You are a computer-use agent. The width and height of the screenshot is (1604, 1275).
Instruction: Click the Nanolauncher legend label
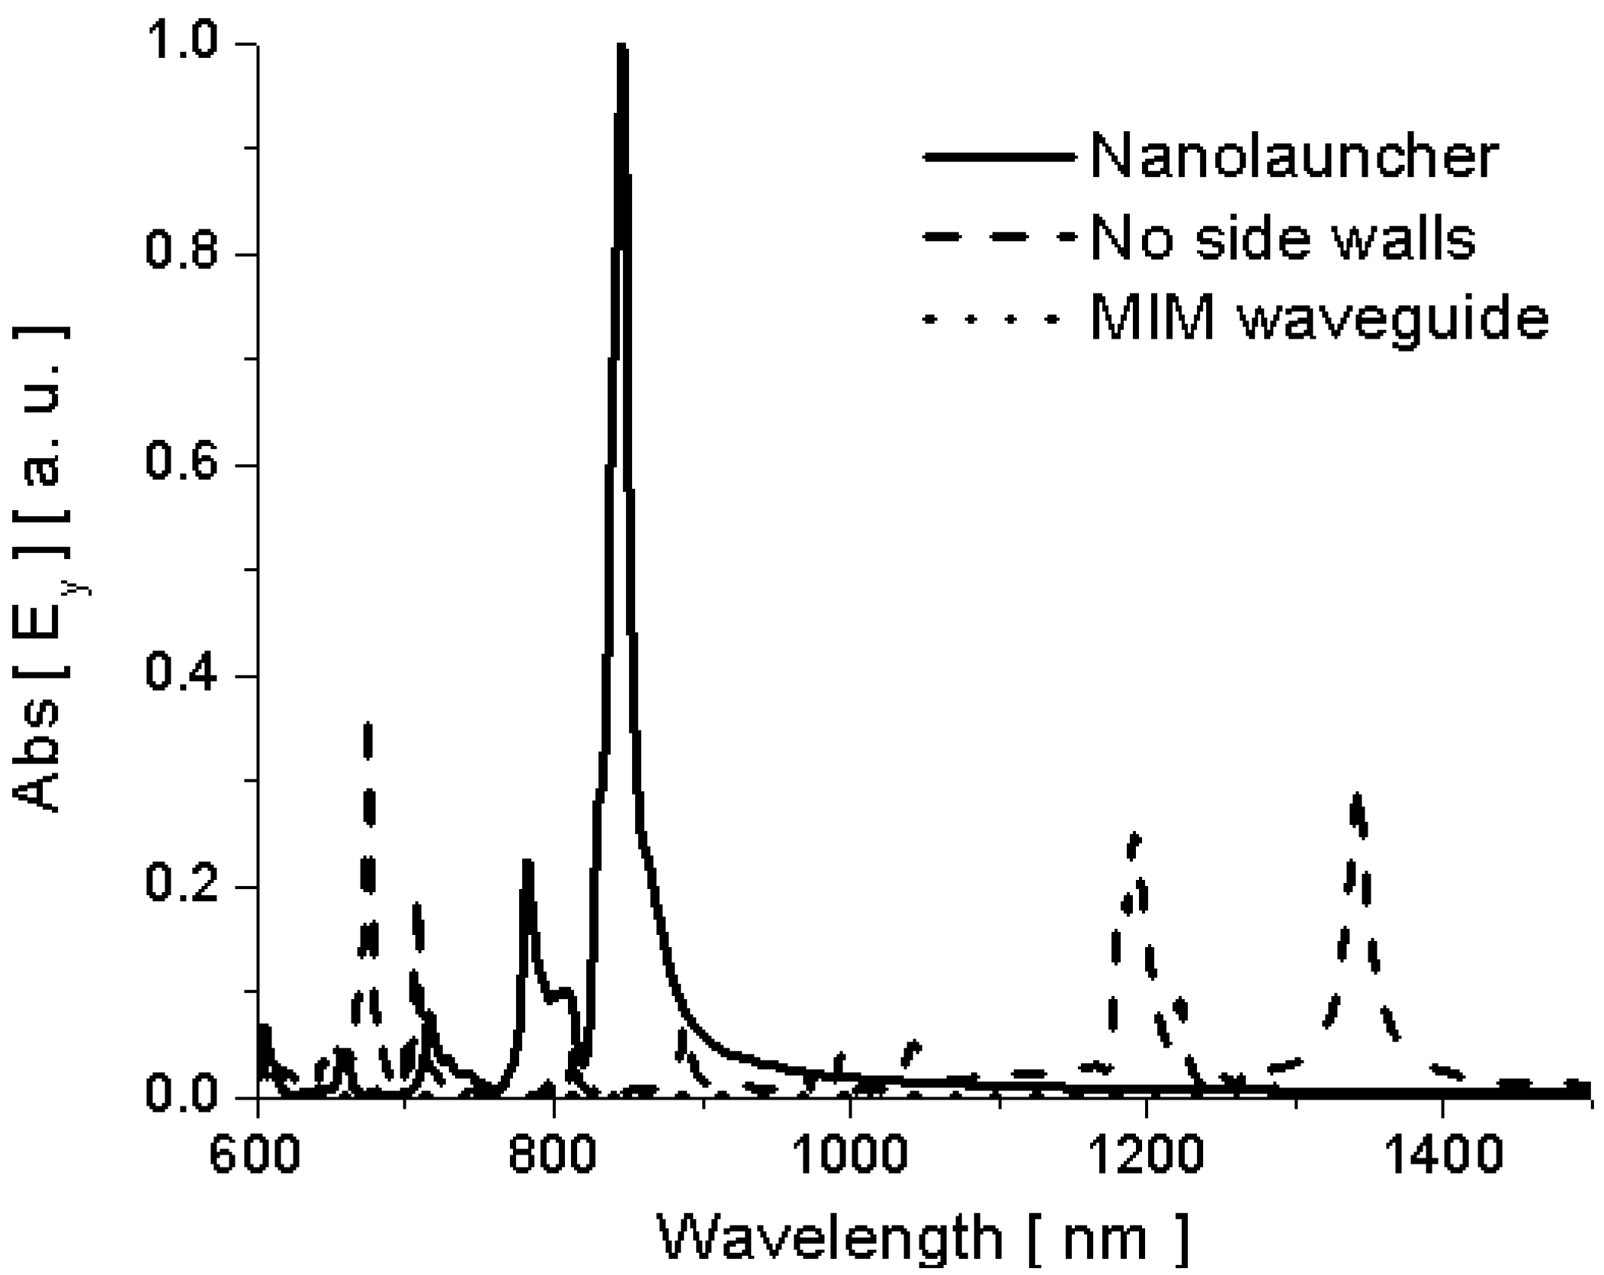1294,157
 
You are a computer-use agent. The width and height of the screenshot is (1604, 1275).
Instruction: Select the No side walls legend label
1283,238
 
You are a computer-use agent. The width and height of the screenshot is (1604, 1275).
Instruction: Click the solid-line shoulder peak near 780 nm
527,863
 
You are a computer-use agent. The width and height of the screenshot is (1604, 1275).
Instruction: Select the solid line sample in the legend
999,157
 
